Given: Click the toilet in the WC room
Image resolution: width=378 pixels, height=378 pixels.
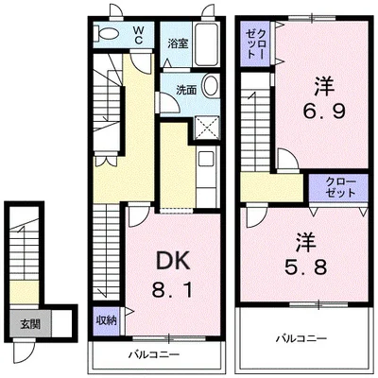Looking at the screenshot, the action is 107,33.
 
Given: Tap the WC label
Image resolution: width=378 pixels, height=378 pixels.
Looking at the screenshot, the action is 139,35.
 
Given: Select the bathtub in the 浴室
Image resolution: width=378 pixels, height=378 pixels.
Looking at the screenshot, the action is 206,44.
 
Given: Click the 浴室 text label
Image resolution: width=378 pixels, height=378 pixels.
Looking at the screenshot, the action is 178,44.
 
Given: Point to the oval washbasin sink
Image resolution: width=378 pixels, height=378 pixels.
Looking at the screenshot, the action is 211,85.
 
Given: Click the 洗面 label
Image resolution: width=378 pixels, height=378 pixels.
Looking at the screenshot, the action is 186,91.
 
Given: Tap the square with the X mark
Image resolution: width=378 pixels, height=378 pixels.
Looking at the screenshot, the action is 207,128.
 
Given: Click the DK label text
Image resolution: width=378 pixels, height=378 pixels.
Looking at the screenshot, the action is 174,261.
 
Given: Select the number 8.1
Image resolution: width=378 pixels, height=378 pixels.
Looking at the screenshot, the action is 172,289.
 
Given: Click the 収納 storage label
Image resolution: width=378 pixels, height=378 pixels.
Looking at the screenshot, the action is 107,320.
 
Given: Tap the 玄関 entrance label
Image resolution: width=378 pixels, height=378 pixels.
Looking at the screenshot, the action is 30,324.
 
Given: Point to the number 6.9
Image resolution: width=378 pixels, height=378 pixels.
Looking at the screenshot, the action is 324,111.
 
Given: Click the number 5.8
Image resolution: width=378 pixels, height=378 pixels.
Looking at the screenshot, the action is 306,267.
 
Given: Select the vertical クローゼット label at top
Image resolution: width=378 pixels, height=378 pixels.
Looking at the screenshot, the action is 255,43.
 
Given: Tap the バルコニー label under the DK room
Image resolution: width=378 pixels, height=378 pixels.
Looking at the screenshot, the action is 154,354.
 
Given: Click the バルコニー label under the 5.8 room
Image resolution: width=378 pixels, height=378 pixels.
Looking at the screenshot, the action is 301,339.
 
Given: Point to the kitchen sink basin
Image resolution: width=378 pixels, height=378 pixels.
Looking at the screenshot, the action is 206,159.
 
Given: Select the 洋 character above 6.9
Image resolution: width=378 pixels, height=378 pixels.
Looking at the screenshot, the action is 324,86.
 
